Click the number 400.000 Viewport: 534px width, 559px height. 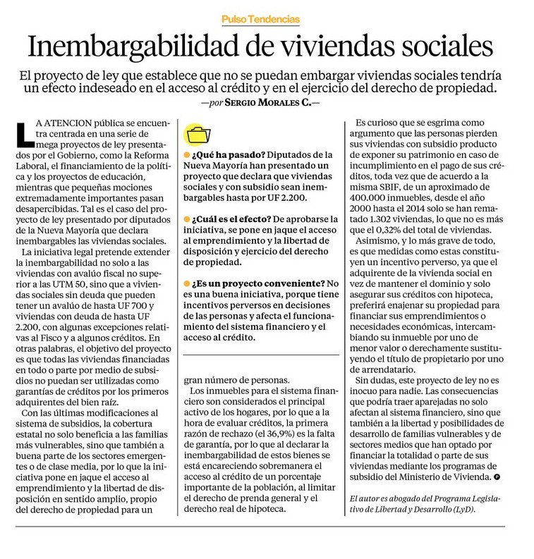382,195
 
